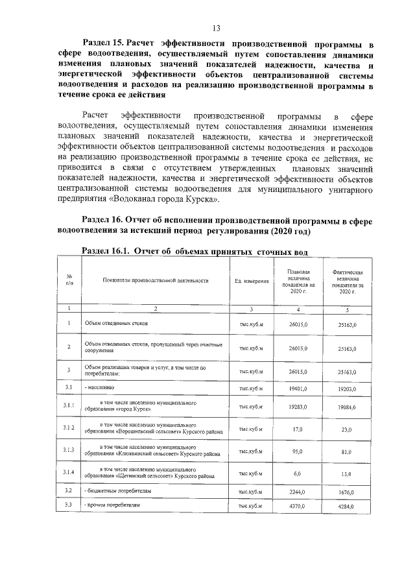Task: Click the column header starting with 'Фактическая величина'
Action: click(x=351, y=281)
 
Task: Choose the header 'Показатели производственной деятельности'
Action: click(x=155, y=281)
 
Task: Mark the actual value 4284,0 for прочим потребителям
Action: click(x=351, y=505)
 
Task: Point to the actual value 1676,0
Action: click(x=351, y=492)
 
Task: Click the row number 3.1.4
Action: click(x=69, y=473)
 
